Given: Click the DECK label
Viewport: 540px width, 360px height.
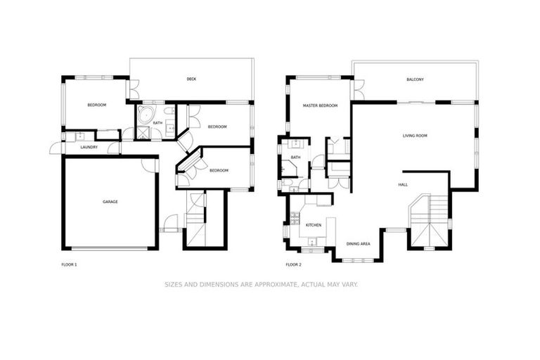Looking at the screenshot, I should (x=191, y=79).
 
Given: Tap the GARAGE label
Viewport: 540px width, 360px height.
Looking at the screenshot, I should (x=110, y=202).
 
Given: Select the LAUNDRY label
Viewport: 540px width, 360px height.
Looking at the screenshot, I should (x=89, y=147).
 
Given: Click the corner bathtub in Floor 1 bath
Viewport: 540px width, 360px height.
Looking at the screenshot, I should (x=145, y=115).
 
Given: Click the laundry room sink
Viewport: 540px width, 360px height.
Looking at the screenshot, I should (x=78, y=136).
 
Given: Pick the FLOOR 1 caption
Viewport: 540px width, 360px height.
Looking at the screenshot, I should (x=70, y=265).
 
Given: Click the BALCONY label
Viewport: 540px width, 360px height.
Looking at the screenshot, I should (x=415, y=79).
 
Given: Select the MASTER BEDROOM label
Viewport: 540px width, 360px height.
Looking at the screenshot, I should (x=320, y=105).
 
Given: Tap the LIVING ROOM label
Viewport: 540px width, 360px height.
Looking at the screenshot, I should (x=415, y=135).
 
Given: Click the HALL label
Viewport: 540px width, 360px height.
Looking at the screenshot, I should (x=403, y=184).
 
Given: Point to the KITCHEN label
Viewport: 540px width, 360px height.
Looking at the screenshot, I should (x=314, y=225).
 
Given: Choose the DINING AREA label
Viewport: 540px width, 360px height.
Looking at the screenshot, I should (x=358, y=244).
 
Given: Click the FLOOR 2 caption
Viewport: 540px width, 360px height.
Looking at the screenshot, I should (x=293, y=265).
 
